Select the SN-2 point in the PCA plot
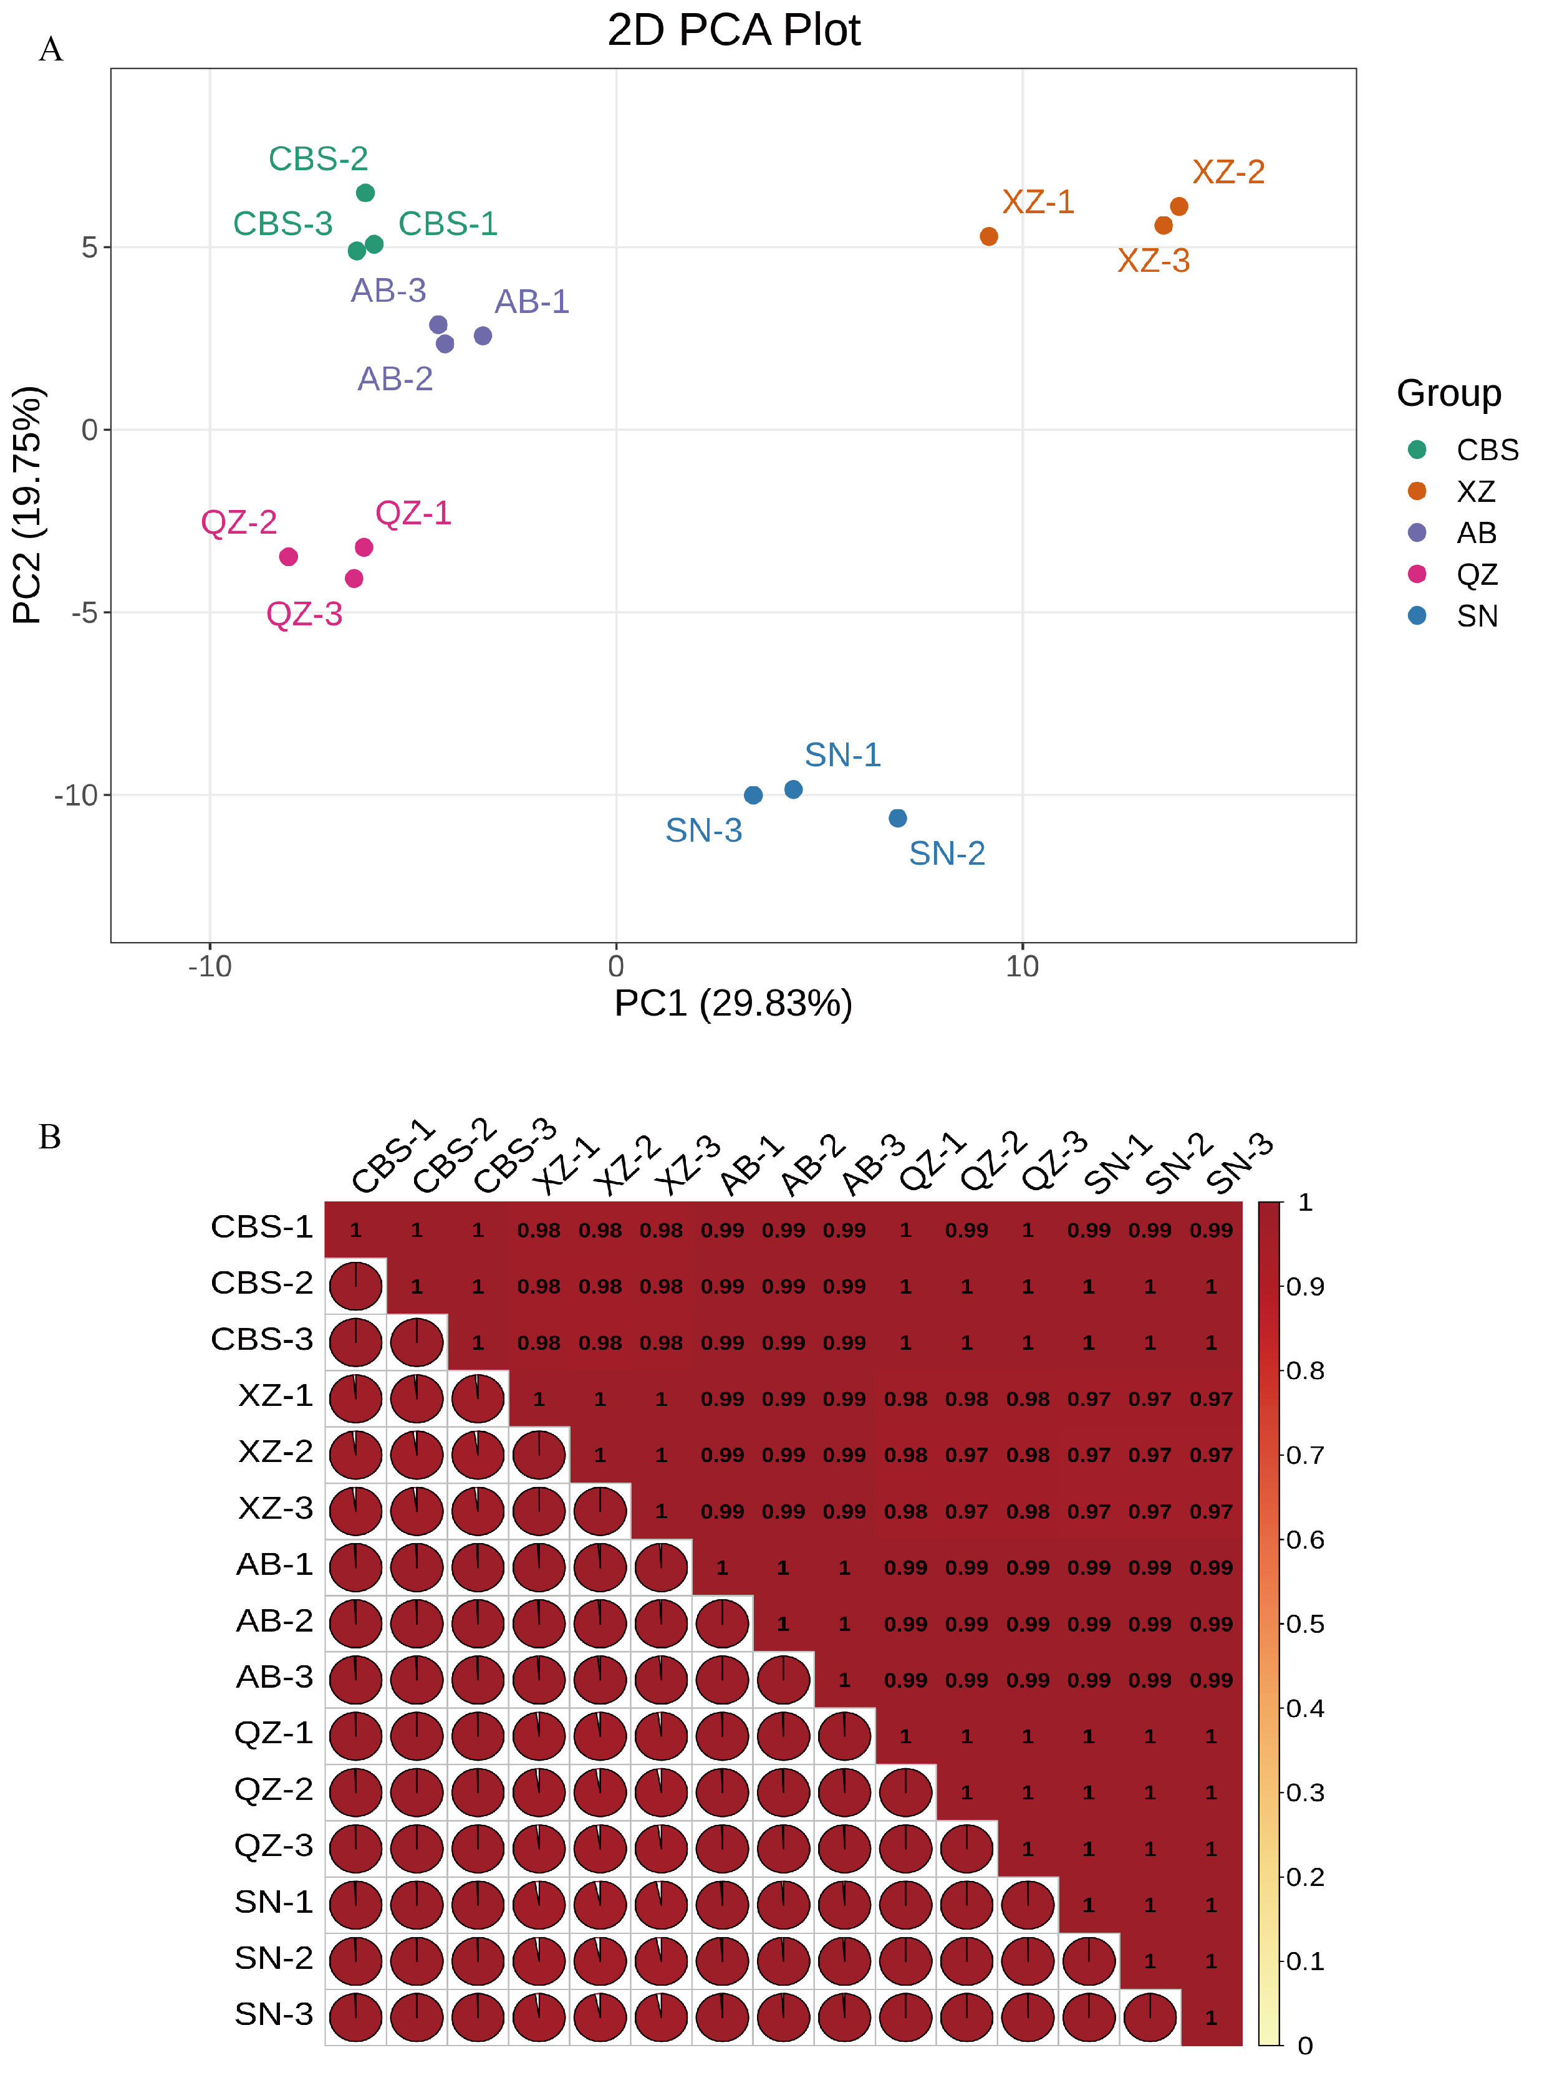click(x=897, y=819)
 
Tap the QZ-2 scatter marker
click(x=289, y=557)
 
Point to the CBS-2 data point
click(x=365, y=193)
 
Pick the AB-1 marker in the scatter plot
click(x=482, y=336)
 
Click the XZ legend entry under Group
click(x=1475, y=491)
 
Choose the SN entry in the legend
click(x=1477, y=616)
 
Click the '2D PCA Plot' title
click(x=733, y=30)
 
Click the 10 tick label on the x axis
click(x=1021, y=966)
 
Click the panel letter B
click(x=50, y=1137)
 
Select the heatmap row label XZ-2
click(x=276, y=1451)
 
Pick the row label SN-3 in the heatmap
click(x=274, y=2014)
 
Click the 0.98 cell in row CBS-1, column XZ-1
click(x=539, y=1230)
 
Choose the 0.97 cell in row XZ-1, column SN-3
click(x=1211, y=1399)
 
